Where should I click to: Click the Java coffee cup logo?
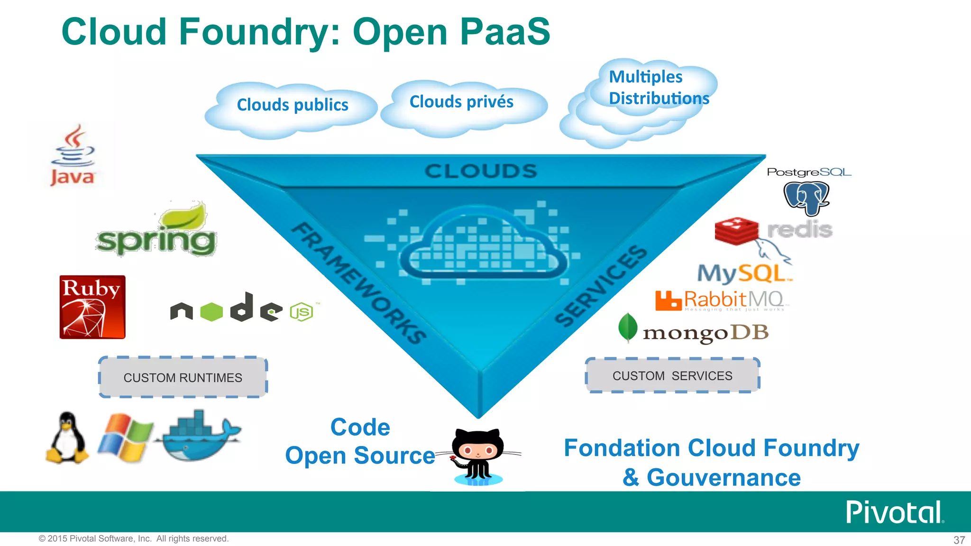coord(73,155)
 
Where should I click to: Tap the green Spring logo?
coord(156,232)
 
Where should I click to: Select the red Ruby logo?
coord(92,307)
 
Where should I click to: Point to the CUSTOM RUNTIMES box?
coord(183,377)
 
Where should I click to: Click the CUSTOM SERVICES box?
coord(672,375)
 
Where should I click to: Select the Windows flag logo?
coord(125,437)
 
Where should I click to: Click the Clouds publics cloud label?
coord(293,105)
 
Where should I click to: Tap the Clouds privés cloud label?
coord(461,102)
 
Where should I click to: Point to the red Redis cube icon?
coord(736,231)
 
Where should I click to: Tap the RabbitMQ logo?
coord(720,300)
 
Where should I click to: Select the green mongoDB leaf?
coord(628,327)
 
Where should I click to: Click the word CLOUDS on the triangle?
coord(480,172)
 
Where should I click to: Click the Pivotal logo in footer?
coord(894,512)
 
